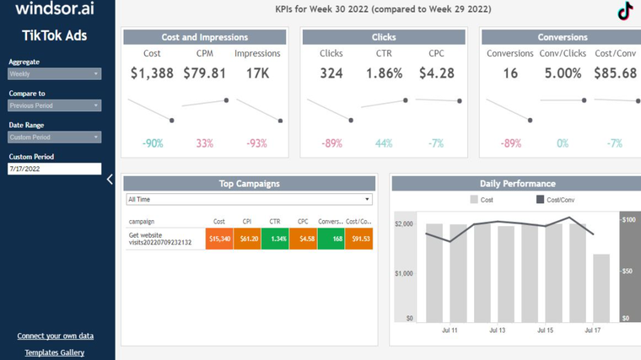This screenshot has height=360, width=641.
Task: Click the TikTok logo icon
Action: [625, 11]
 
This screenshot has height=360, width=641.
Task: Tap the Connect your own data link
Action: [55, 336]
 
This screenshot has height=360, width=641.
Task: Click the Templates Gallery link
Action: [55, 352]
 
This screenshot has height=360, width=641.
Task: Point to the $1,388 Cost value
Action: [152, 73]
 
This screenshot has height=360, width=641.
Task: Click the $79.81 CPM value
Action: [204, 73]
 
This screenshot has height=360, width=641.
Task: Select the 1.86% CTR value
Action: [384, 73]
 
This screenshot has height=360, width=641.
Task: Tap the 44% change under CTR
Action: [384, 143]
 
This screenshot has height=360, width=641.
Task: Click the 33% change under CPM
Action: [205, 143]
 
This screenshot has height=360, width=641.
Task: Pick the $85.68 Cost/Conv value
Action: [615, 73]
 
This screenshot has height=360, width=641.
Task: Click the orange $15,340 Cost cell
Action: [219, 239]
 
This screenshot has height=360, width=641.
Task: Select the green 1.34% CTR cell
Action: [275, 239]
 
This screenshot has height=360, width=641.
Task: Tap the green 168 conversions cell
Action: [331, 239]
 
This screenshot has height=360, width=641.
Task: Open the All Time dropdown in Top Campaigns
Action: [249, 200]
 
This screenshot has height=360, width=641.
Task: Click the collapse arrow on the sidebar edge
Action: [110, 179]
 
